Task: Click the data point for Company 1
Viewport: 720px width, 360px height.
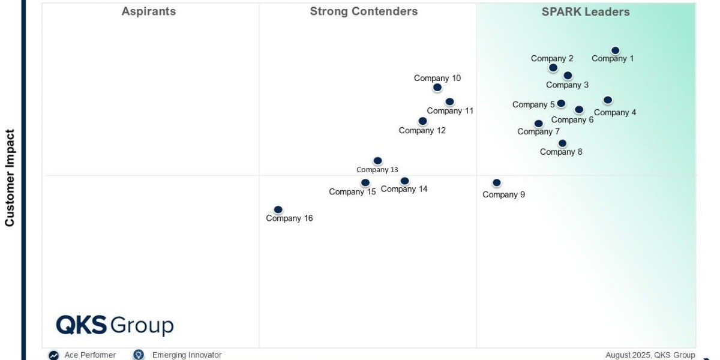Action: pyautogui.click(x=615, y=50)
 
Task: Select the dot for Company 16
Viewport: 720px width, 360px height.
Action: pyautogui.click(x=278, y=209)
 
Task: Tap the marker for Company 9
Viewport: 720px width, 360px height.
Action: pyautogui.click(x=497, y=182)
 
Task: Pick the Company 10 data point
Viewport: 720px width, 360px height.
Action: pyautogui.click(x=437, y=87)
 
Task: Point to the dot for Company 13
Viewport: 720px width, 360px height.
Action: pyautogui.click(x=377, y=160)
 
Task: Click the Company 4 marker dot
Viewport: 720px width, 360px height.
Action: pyautogui.click(x=607, y=100)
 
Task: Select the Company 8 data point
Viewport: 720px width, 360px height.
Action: pyautogui.click(x=562, y=143)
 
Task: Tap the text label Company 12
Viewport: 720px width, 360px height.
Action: pyautogui.click(x=422, y=131)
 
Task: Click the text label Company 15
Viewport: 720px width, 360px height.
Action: pyautogui.click(x=352, y=192)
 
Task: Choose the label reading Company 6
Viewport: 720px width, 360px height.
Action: pyautogui.click(x=572, y=120)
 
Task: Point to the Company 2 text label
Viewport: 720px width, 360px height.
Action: pyautogui.click(x=552, y=59)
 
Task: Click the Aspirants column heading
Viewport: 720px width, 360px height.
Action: pyautogui.click(x=149, y=11)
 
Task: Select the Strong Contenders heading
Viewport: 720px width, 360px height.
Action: pyautogui.click(x=364, y=11)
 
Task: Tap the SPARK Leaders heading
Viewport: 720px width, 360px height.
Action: pyautogui.click(x=586, y=12)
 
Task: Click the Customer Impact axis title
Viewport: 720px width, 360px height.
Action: pyautogui.click(x=10, y=178)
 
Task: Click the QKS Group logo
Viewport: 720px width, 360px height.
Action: pyautogui.click(x=115, y=325)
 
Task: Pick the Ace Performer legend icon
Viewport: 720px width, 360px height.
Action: pyautogui.click(x=53, y=355)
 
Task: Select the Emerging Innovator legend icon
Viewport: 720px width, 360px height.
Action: pyautogui.click(x=139, y=355)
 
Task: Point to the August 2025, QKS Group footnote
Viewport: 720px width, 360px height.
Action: pyautogui.click(x=650, y=355)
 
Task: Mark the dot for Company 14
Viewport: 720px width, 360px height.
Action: pyautogui.click(x=404, y=181)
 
